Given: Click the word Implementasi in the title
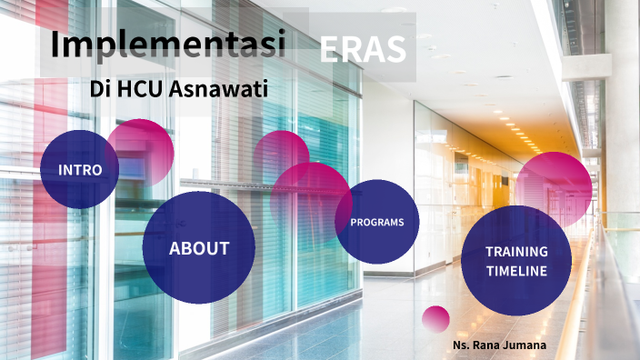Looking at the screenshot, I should [167, 43].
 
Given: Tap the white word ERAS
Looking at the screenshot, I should [362, 49].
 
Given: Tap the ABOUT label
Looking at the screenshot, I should [198, 248].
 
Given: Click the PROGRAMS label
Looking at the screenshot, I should [376, 222].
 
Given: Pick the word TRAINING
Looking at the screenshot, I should [515, 252].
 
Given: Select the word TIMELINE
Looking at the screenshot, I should [515, 271].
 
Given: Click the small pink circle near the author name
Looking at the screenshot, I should [435, 318].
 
